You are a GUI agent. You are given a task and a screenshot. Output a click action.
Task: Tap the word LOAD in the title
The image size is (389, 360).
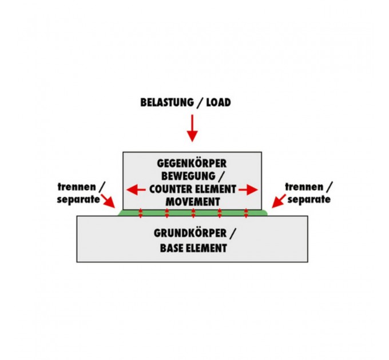coord(218,103)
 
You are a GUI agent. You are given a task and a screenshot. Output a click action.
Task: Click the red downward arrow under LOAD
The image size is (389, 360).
coord(192,128)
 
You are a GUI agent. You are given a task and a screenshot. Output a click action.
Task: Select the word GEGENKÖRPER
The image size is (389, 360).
coord(192,162)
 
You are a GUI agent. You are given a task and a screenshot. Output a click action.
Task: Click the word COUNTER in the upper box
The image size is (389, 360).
coord(169,189)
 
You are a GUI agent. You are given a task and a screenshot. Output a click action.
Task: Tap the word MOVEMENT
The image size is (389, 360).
coord(192,201)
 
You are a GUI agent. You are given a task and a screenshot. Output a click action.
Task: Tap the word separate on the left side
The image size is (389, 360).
coord(78,199)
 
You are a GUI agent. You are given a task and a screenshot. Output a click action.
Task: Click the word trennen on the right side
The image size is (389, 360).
coord(304,187)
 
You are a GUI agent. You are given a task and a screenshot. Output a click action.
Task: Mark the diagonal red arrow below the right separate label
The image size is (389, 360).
coord(279,200)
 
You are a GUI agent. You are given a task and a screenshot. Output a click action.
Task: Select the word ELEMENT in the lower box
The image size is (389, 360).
coord(207,248)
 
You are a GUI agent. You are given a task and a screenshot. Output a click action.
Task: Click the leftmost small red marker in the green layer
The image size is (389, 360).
coord(141,214)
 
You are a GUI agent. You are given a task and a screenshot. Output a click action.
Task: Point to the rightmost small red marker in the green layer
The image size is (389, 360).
coord(246,214)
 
